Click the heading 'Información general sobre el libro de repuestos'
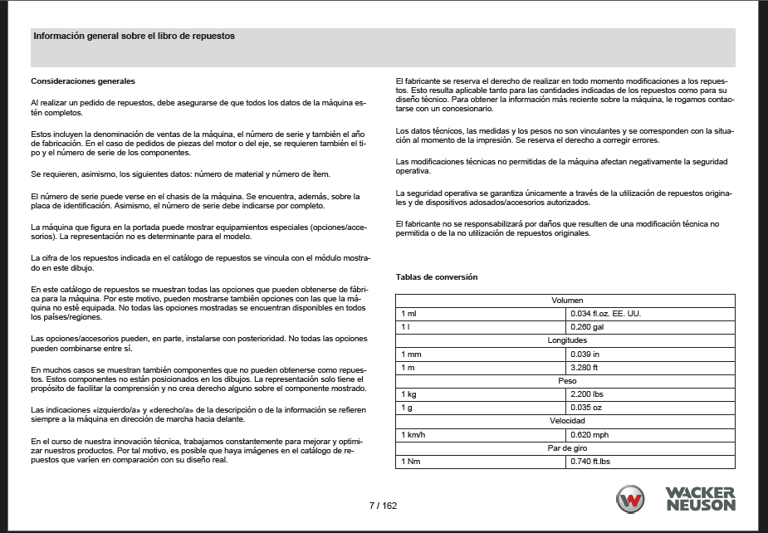pyautogui.click(x=134, y=37)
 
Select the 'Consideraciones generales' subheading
pyautogui.click(x=83, y=81)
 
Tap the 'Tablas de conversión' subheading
pyautogui.click(x=437, y=276)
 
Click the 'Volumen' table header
pyautogui.click(x=565, y=300)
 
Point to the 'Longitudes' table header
pyautogui.click(x=565, y=340)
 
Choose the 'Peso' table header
pyautogui.click(x=565, y=380)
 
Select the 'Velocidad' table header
pyautogui.click(x=565, y=421)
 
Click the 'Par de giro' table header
pyautogui.click(x=565, y=448)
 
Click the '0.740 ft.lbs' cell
pyautogui.click(x=590, y=462)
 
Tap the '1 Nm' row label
pyautogui.click(x=411, y=462)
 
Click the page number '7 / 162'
pyautogui.click(x=384, y=506)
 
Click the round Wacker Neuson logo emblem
pyautogui.click(x=630, y=499)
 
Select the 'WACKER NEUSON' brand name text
pyautogui.click(x=700, y=499)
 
